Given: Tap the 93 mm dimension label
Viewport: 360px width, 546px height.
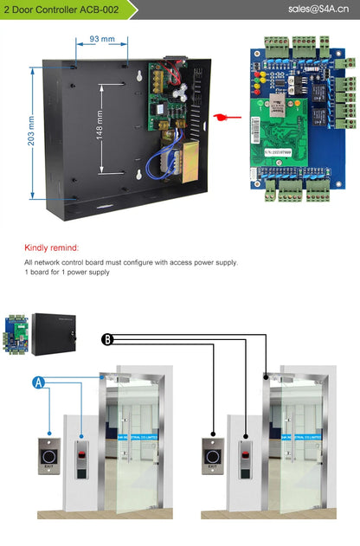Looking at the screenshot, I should [x=102, y=40].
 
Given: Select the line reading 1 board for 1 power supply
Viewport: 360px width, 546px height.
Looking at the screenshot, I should [x=67, y=273].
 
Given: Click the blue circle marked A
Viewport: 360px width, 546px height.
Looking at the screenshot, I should [x=39, y=382].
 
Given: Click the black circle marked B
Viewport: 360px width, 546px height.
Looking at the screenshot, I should [x=107, y=339].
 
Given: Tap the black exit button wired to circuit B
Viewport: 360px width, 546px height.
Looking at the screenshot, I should [x=212, y=455].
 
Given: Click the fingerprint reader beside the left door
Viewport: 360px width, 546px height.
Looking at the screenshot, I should [x=81, y=459].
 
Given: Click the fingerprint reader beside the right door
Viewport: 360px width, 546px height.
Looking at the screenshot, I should [x=247, y=459].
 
